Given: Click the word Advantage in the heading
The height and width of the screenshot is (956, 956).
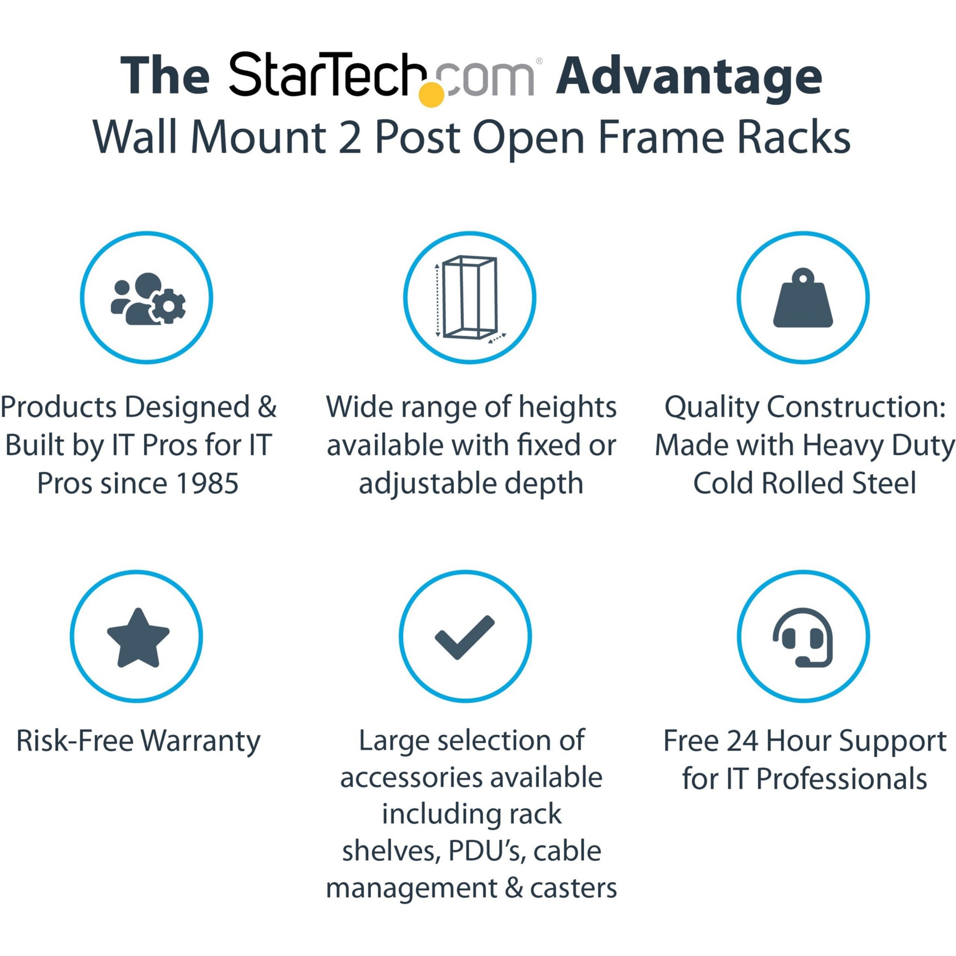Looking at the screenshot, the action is (x=689, y=78).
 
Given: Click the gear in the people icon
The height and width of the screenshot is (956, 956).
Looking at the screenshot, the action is (x=168, y=306).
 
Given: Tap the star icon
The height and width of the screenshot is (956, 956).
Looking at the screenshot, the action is (x=138, y=638).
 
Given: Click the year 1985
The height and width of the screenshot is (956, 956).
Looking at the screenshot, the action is (x=208, y=484).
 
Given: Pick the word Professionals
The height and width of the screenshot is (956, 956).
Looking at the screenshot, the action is (x=841, y=779).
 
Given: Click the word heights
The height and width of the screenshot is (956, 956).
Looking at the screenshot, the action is (x=567, y=408).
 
